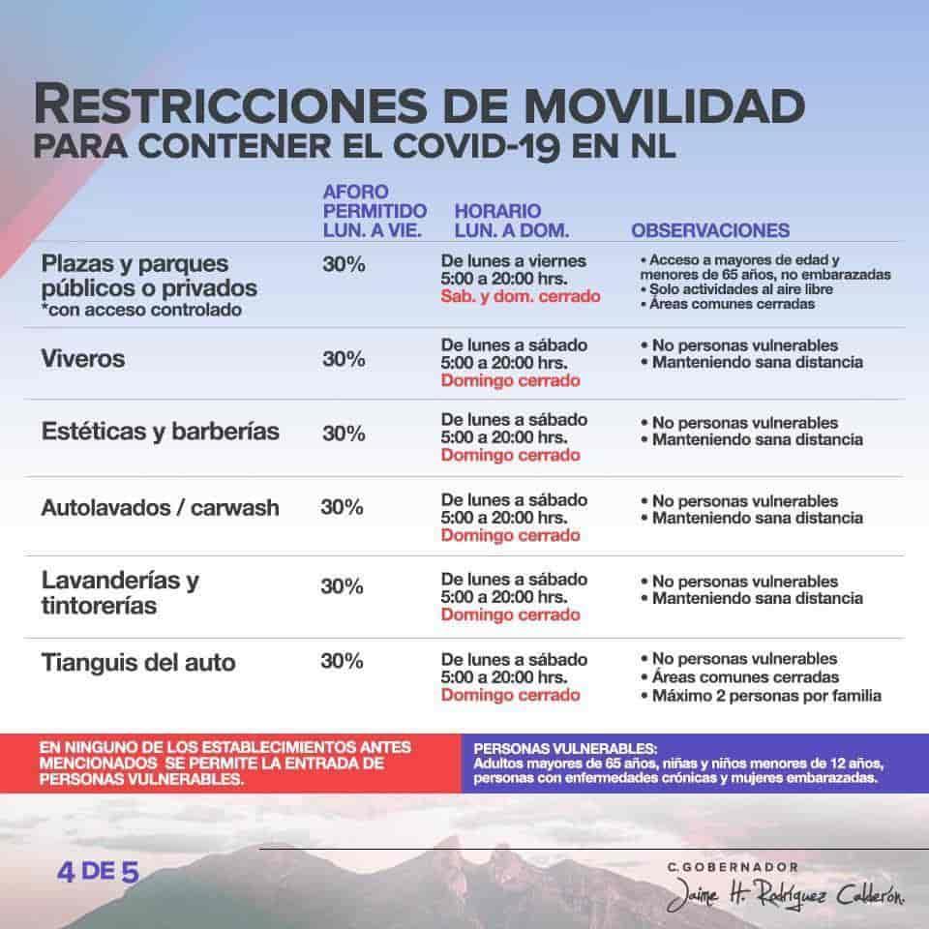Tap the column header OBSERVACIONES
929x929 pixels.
click(x=710, y=231)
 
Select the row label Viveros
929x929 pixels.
click(x=84, y=359)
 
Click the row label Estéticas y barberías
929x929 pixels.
click(x=161, y=432)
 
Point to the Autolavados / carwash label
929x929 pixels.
click(x=161, y=507)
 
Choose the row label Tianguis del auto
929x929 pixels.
click(x=138, y=663)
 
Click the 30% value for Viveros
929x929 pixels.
click(x=344, y=359)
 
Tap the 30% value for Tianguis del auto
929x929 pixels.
click(x=342, y=662)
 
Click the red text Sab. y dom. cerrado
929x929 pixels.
click(x=521, y=296)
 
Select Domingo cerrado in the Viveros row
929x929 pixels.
click(x=510, y=380)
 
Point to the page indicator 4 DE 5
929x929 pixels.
click(x=98, y=870)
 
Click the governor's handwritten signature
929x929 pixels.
click(x=786, y=898)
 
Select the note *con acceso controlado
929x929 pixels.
click(x=142, y=310)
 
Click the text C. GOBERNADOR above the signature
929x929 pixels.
click(x=737, y=867)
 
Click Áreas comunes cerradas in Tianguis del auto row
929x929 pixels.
click(x=745, y=677)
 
